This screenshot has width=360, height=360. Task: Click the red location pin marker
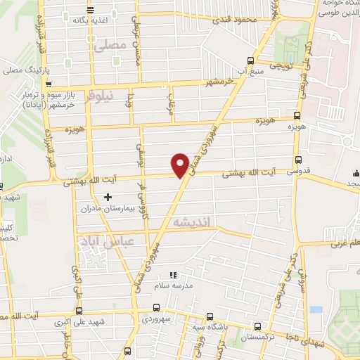tap(181, 164)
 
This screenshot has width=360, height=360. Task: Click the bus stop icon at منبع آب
tap(251, 60)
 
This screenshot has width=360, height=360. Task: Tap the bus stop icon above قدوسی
tap(299, 160)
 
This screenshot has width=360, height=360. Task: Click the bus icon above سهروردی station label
tap(156, 307)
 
